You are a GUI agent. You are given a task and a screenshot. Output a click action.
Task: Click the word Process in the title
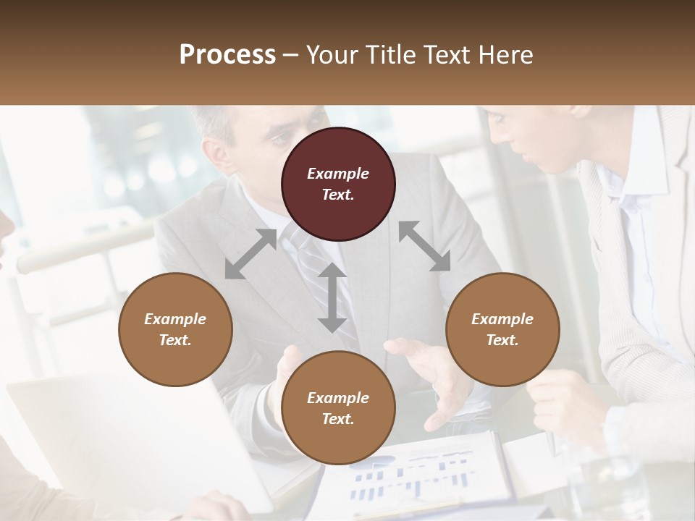pos(227,55)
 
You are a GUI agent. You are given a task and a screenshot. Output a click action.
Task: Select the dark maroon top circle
pos(338,184)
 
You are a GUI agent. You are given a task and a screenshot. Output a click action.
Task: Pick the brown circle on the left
pos(175,329)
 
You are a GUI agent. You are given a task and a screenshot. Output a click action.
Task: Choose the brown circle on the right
pos(502,329)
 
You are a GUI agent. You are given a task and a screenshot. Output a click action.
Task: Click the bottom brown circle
pos(338,408)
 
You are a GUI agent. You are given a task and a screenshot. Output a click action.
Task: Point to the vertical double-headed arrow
pos(332,297)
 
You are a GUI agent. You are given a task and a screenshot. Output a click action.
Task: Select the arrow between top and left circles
pos(250,254)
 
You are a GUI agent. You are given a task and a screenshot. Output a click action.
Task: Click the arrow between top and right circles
pos(424,247)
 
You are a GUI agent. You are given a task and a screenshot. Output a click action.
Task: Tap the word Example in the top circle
pos(338,174)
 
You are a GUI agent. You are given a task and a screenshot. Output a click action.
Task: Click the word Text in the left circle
pos(175,340)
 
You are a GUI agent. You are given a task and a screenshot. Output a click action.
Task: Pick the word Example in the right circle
pos(502,319)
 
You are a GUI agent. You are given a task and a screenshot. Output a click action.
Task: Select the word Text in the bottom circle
pos(338,419)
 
